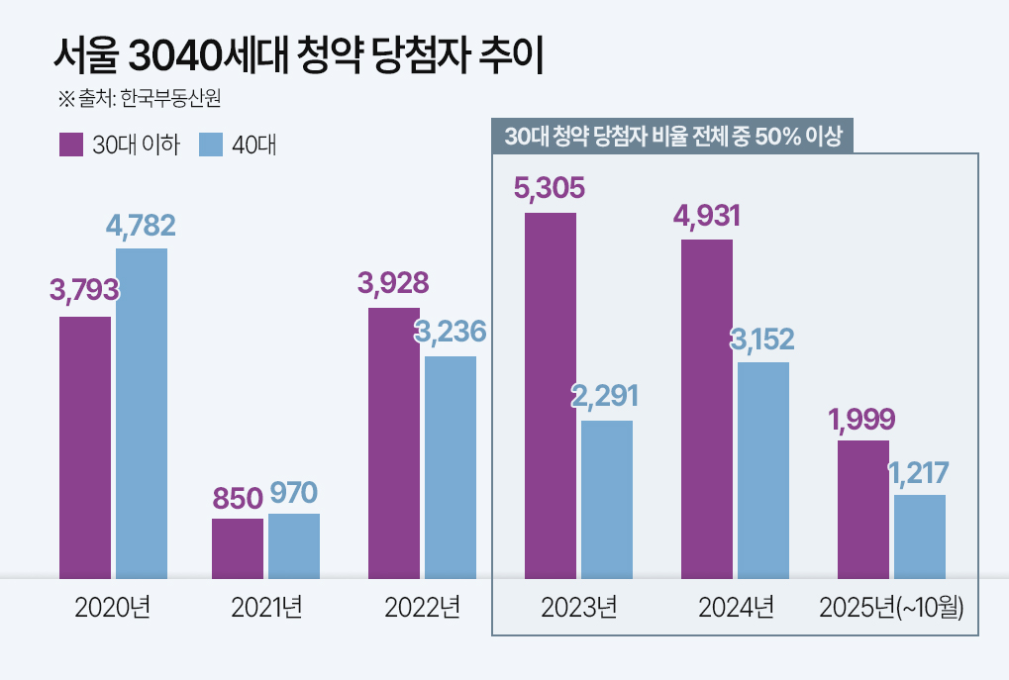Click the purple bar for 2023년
coord(550,395)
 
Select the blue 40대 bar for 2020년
coord(142,413)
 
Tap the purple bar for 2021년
coord(238,548)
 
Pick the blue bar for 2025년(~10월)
coord(920,536)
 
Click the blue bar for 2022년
coord(451,467)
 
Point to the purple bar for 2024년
coord(707,409)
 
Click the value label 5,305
coord(550,188)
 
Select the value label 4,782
coord(141,226)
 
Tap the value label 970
coord(294,492)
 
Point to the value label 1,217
coord(919,473)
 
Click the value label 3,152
coord(762,340)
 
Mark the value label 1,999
coord(862,419)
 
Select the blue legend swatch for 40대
coord(211,145)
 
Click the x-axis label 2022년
coord(423,607)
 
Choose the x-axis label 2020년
coord(112,607)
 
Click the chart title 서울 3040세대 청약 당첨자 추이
coord(298,56)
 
